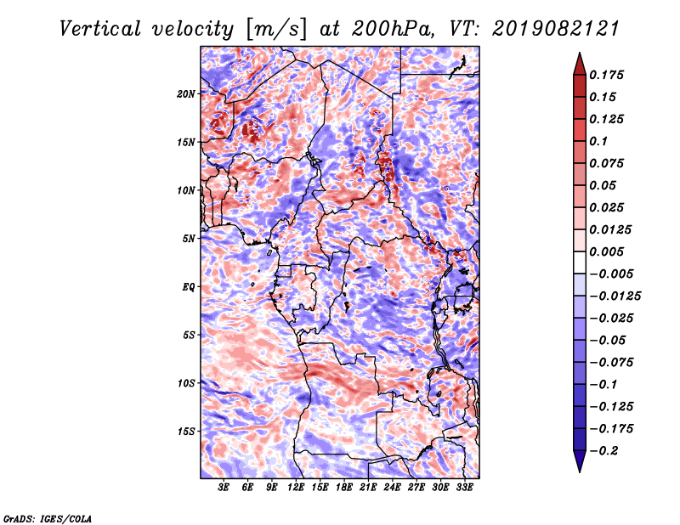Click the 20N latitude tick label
click(185, 93)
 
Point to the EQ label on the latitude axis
click(188, 286)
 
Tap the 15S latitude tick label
click(185, 431)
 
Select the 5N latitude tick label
click(188, 239)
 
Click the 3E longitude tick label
click(224, 487)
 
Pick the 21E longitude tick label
click(368, 487)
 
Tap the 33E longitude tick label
click(464, 487)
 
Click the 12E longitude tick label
click(296, 487)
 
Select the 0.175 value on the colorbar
click(606, 75)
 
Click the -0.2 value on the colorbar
click(603, 450)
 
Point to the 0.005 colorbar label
click(606, 251)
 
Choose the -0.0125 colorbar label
click(615, 296)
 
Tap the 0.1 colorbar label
click(598, 141)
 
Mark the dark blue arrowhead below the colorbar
click(580, 461)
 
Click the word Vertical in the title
click(100, 29)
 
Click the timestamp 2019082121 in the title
click(555, 29)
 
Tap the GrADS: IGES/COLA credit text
click(48, 518)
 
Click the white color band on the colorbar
click(580, 262)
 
